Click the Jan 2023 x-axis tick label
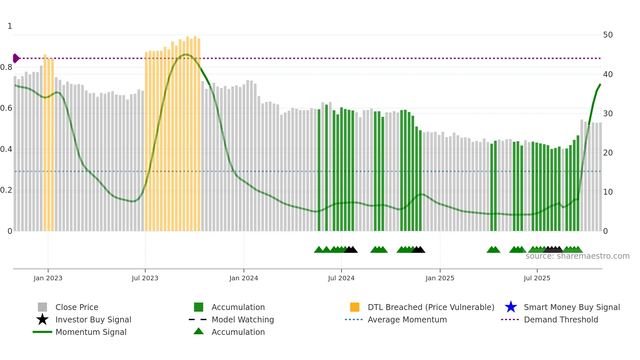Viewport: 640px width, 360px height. click(x=48, y=278)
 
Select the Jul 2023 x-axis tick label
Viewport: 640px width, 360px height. click(x=145, y=278)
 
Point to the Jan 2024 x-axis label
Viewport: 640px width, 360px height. click(x=244, y=278)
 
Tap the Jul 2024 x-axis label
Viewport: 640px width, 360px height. click(x=341, y=278)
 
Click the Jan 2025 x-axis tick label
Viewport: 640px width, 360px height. click(x=440, y=278)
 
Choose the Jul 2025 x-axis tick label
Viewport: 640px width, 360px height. click(x=537, y=278)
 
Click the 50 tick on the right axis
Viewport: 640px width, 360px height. click(x=608, y=35)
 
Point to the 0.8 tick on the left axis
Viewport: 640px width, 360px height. click(x=6, y=67)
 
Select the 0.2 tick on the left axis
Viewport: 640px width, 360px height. click(x=6, y=190)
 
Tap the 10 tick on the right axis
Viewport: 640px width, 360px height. click(x=608, y=192)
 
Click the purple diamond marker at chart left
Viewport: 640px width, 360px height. click(x=16, y=58)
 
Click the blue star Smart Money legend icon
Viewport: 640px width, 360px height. click(x=511, y=307)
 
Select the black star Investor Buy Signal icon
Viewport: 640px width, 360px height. click(x=42, y=319)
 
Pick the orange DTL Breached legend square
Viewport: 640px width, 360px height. click(x=355, y=307)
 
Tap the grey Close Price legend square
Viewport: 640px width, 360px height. click(x=42, y=307)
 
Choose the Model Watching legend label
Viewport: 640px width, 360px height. click(x=243, y=319)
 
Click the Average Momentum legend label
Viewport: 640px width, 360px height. click(x=407, y=319)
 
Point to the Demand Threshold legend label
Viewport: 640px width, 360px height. click(x=561, y=319)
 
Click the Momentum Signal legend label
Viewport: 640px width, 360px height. click(x=91, y=332)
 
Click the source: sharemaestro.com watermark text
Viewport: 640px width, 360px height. click(x=577, y=256)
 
